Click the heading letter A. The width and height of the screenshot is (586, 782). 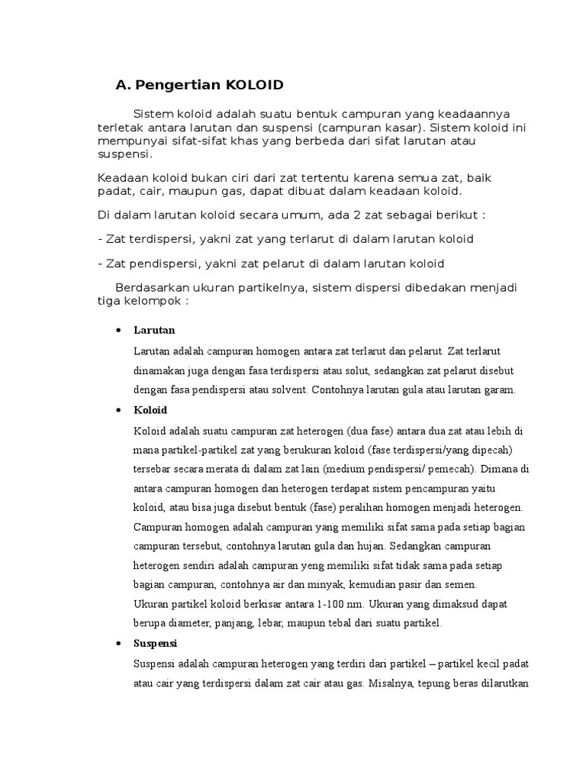121,85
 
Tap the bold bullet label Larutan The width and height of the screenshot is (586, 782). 154,331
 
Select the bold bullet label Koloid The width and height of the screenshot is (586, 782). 150,410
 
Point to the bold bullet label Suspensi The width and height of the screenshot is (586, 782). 155,643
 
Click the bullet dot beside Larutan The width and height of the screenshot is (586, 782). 118,331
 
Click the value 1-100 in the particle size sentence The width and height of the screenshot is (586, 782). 309,604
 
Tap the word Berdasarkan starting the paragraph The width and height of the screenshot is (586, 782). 153,288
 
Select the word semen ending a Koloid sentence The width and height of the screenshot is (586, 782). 460,584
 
